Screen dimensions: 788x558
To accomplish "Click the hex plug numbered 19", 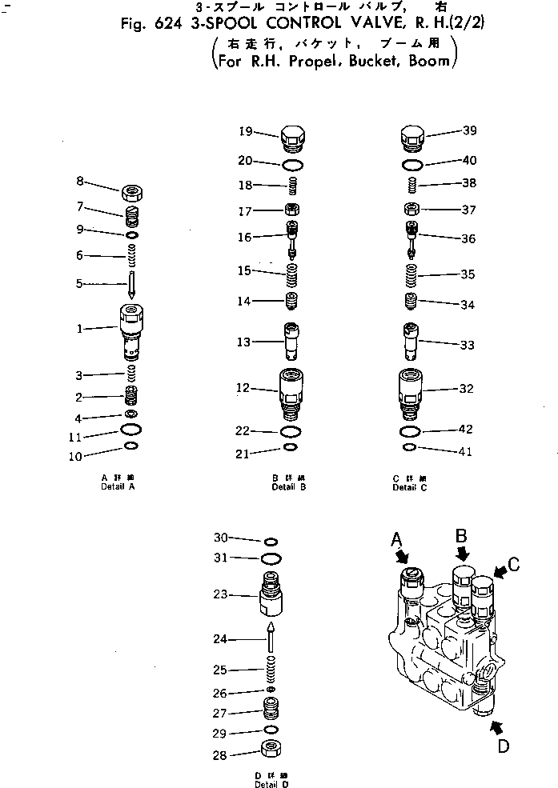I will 293,138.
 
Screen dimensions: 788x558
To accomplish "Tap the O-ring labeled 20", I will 293,164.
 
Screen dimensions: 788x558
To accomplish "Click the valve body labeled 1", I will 130,330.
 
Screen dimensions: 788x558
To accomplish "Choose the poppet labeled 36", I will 411,238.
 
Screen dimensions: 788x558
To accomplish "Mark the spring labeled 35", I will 411,276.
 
